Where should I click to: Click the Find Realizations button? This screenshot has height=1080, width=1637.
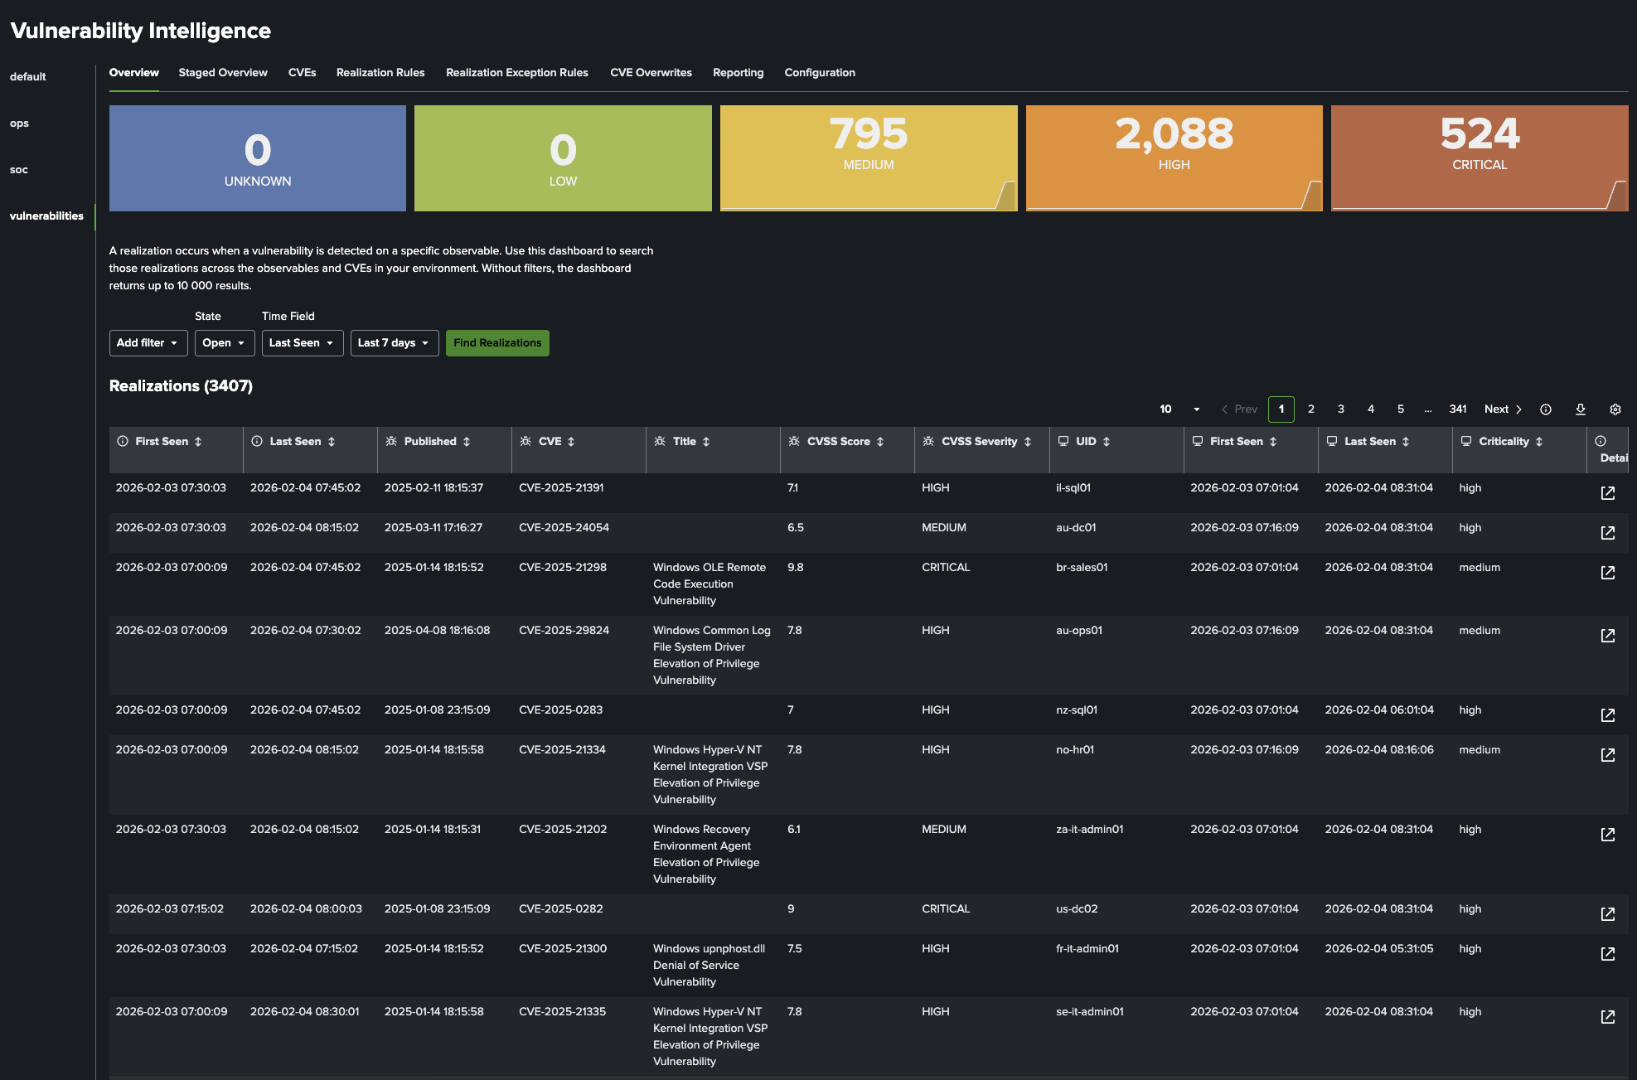click(x=497, y=343)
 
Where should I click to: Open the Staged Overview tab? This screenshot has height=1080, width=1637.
click(x=223, y=73)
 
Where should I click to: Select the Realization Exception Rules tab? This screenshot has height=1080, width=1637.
click(x=516, y=73)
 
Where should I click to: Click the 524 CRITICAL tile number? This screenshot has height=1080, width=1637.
click(x=1480, y=134)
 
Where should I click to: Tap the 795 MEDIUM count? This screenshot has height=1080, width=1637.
click(x=868, y=134)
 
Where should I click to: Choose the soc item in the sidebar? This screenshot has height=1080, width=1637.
click(x=19, y=170)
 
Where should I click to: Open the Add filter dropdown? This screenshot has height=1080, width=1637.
click(x=148, y=343)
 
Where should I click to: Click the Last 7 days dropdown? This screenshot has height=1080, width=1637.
click(x=394, y=343)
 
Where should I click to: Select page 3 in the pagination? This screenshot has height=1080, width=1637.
click(x=1340, y=409)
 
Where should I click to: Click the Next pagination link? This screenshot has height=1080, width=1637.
click(x=1502, y=409)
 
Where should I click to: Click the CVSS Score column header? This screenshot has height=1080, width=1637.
click(x=838, y=442)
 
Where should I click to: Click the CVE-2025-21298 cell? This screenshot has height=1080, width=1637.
click(x=563, y=568)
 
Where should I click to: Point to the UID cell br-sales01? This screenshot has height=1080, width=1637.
click(x=1082, y=568)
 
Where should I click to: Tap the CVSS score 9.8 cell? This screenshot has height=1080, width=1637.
click(x=795, y=568)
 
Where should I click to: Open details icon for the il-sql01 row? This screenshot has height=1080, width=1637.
click(x=1607, y=493)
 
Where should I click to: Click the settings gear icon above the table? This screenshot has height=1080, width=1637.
click(x=1615, y=409)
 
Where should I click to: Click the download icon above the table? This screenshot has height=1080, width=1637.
click(x=1580, y=409)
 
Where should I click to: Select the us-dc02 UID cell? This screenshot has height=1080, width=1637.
click(x=1077, y=909)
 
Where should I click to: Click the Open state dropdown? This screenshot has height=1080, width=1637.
click(x=224, y=343)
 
